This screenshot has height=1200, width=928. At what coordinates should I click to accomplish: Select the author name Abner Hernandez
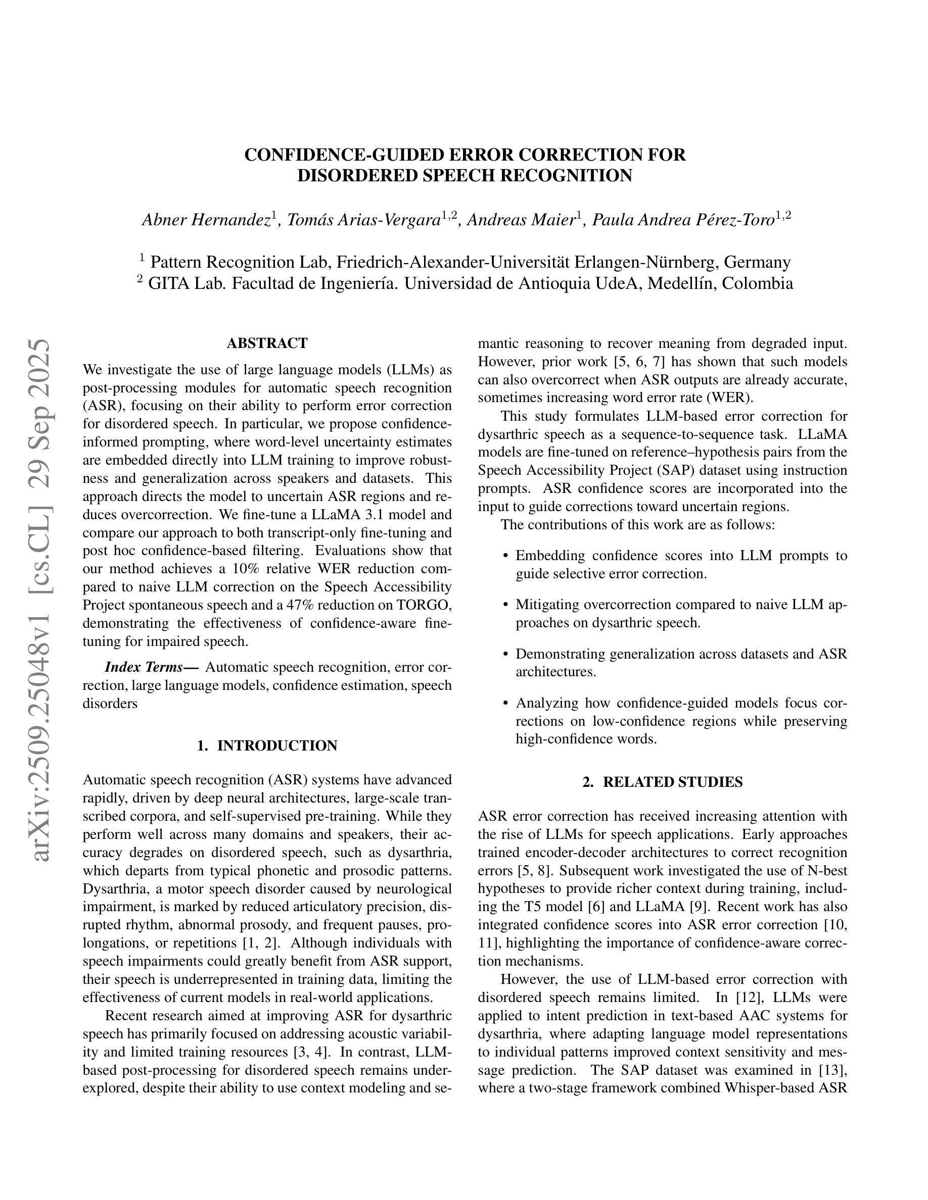[x=206, y=220]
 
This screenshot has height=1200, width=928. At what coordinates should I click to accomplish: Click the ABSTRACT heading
[x=267, y=343]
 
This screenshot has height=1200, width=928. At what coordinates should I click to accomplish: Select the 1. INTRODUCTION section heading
[x=267, y=745]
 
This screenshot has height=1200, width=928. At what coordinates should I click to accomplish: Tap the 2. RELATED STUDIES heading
[x=663, y=782]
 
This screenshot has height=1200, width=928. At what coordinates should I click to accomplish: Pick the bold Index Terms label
[x=151, y=668]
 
